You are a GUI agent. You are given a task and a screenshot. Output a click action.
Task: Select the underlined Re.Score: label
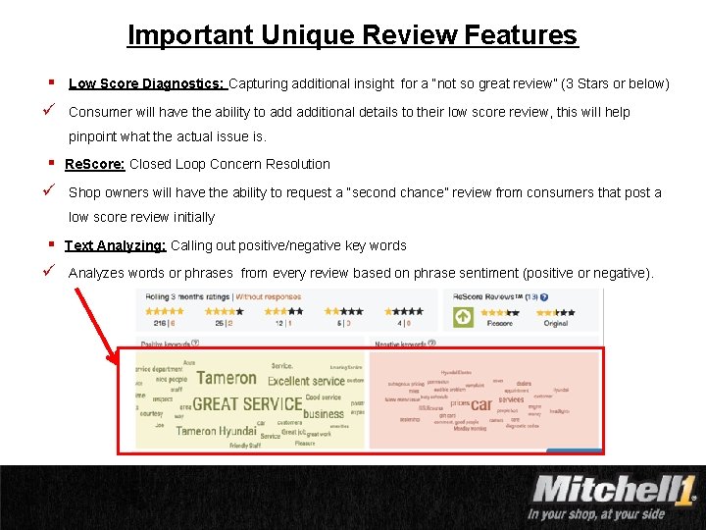95,164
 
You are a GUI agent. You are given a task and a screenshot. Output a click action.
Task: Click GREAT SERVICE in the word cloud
247,403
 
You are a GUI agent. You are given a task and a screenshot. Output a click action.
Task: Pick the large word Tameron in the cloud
227,377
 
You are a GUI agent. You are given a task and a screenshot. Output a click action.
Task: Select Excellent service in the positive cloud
306,381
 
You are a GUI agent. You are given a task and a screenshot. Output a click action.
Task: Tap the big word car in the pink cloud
480,403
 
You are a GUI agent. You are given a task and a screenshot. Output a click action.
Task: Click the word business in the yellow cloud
323,413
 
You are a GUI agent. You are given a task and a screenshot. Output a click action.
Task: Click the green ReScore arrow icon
463,316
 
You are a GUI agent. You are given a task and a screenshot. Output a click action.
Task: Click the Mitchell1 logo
613,488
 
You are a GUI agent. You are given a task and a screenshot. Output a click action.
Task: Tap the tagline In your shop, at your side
596,513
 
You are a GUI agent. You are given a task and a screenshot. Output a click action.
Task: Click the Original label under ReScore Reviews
555,323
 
